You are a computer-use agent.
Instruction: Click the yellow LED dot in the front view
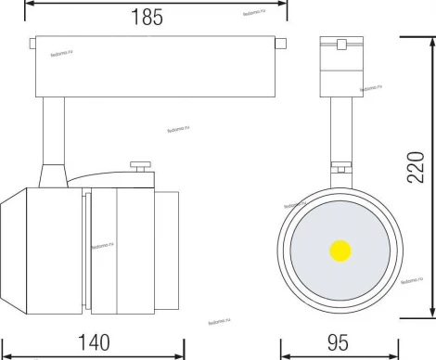pyautogui.click(x=339, y=250)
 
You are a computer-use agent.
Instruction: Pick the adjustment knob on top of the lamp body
pyautogui.click(x=141, y=168)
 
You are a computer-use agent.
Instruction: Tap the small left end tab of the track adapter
pyautogui.click(x=32, y=44)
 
